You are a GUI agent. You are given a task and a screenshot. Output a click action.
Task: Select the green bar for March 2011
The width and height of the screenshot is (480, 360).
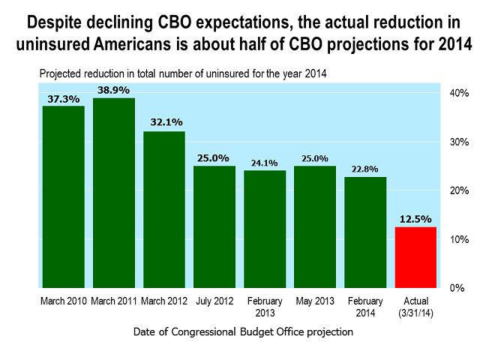(x=114, y=193)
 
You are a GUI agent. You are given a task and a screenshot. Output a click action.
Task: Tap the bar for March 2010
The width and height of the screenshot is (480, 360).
(x=63, y=196)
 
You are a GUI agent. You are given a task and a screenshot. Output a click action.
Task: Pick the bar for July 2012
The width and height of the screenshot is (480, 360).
(x=214, y=226)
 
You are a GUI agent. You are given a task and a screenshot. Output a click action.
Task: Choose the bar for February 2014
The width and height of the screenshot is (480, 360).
(x=365, y=232)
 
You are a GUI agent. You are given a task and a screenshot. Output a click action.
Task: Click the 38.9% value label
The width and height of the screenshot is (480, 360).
(x=114, y=91)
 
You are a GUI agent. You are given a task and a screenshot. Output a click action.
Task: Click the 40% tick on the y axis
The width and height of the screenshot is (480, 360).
(x=459, y=93)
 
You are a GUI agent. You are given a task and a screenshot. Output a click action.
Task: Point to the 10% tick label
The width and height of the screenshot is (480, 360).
(x=459, y=239)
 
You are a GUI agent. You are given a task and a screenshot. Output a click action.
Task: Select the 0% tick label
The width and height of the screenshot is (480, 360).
(x=456, y=288)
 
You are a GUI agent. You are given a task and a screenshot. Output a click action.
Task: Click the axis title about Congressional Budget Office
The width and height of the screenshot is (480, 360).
(x=244, y=331)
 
